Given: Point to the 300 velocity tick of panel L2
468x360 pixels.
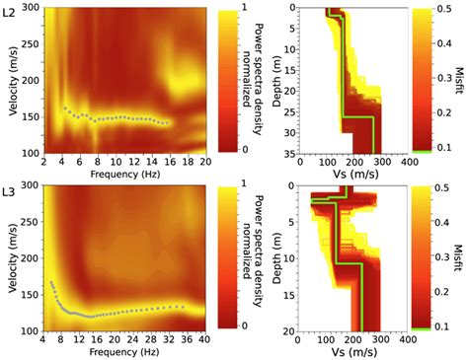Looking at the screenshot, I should click(29, 8).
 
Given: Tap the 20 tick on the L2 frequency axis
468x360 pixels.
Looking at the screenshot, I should click(204, 161).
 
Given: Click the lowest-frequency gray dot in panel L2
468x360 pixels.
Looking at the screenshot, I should click(65, 108).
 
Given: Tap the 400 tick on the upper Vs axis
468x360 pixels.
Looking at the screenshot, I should click(406, 161).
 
